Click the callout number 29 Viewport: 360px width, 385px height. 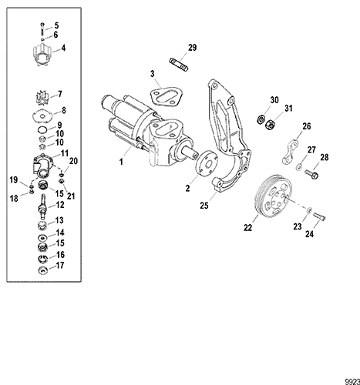pyautogui.click(x=192, y=49)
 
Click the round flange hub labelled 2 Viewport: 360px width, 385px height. pyautogui.click(x=207, y=166)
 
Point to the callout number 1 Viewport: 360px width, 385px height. pyautogui.click(x=121, y=162)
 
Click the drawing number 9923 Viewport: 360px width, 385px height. pyautogui.click(x=348, y=378)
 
